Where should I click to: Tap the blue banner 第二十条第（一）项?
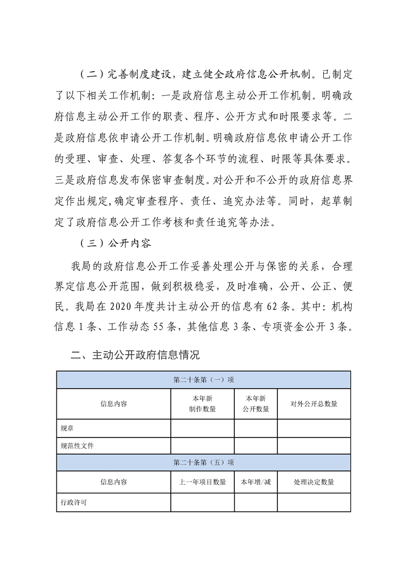point(203,379)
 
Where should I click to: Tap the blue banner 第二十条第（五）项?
point(203,462)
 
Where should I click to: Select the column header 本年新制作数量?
point(202,404)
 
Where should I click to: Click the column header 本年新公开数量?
point(256,404)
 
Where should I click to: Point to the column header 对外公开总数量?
point(314,404)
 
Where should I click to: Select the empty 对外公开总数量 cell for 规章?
point(314,428)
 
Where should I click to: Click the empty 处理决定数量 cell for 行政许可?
point(314,502)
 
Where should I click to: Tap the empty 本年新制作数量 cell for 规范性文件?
point(202,446)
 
